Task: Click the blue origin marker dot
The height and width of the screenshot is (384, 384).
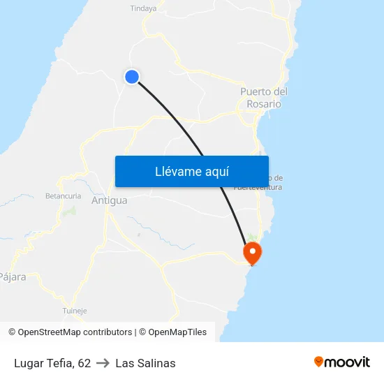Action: [131, 77]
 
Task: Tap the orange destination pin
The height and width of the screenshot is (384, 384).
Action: [251, 252]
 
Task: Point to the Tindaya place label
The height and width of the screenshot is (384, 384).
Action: [143, 8]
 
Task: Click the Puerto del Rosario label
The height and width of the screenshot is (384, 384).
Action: [264, 98]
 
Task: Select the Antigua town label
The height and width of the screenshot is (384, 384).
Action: [110, 201]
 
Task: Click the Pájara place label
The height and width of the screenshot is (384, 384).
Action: [12, 277]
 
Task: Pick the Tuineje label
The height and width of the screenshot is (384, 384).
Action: [75, 311]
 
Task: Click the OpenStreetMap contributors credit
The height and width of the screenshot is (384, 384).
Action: [74, 332]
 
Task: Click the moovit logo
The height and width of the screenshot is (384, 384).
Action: [341, 362]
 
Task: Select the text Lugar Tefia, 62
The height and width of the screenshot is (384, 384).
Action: [52, 363]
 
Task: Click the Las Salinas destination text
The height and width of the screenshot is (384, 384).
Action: [145, 363]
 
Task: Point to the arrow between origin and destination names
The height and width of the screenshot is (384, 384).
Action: [103, 363]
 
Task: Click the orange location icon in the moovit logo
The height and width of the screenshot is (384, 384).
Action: [319, 362]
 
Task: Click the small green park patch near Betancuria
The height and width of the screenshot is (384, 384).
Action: [70, 209]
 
